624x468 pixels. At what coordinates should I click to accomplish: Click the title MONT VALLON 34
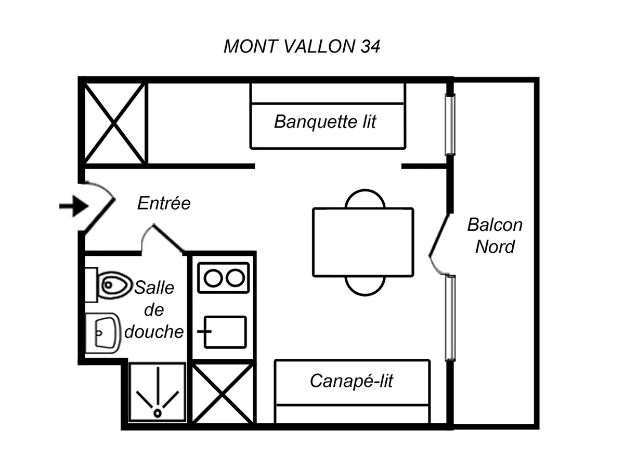[x=302, y=46]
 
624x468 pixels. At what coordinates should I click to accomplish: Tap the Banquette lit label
[x=325, y=122]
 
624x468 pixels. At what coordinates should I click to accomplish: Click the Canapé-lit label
[x=352, y=381]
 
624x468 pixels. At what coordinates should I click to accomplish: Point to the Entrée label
[x=164, y=203]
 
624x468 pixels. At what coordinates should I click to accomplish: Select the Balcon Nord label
[x=495, y=236]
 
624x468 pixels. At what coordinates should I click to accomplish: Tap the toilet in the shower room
[x=113, y=284]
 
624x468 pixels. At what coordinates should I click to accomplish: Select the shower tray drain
[x=157, y=412]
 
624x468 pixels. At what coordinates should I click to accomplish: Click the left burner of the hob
[x=213, y=278]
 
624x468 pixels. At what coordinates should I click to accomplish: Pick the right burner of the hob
[x=236, y=278]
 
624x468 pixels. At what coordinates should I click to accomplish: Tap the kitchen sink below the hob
[x=225, y=332]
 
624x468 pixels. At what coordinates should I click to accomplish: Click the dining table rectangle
[x=363, y=242]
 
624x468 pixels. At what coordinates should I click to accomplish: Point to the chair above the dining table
[x=365, y=199]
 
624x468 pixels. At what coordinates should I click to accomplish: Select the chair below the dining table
[x=365, y=286]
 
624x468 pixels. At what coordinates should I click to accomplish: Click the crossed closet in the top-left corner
[x=115, y=123]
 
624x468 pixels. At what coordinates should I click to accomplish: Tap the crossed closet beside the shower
[x=223, y=394]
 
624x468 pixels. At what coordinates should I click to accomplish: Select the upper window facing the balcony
[x=450, y=125]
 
